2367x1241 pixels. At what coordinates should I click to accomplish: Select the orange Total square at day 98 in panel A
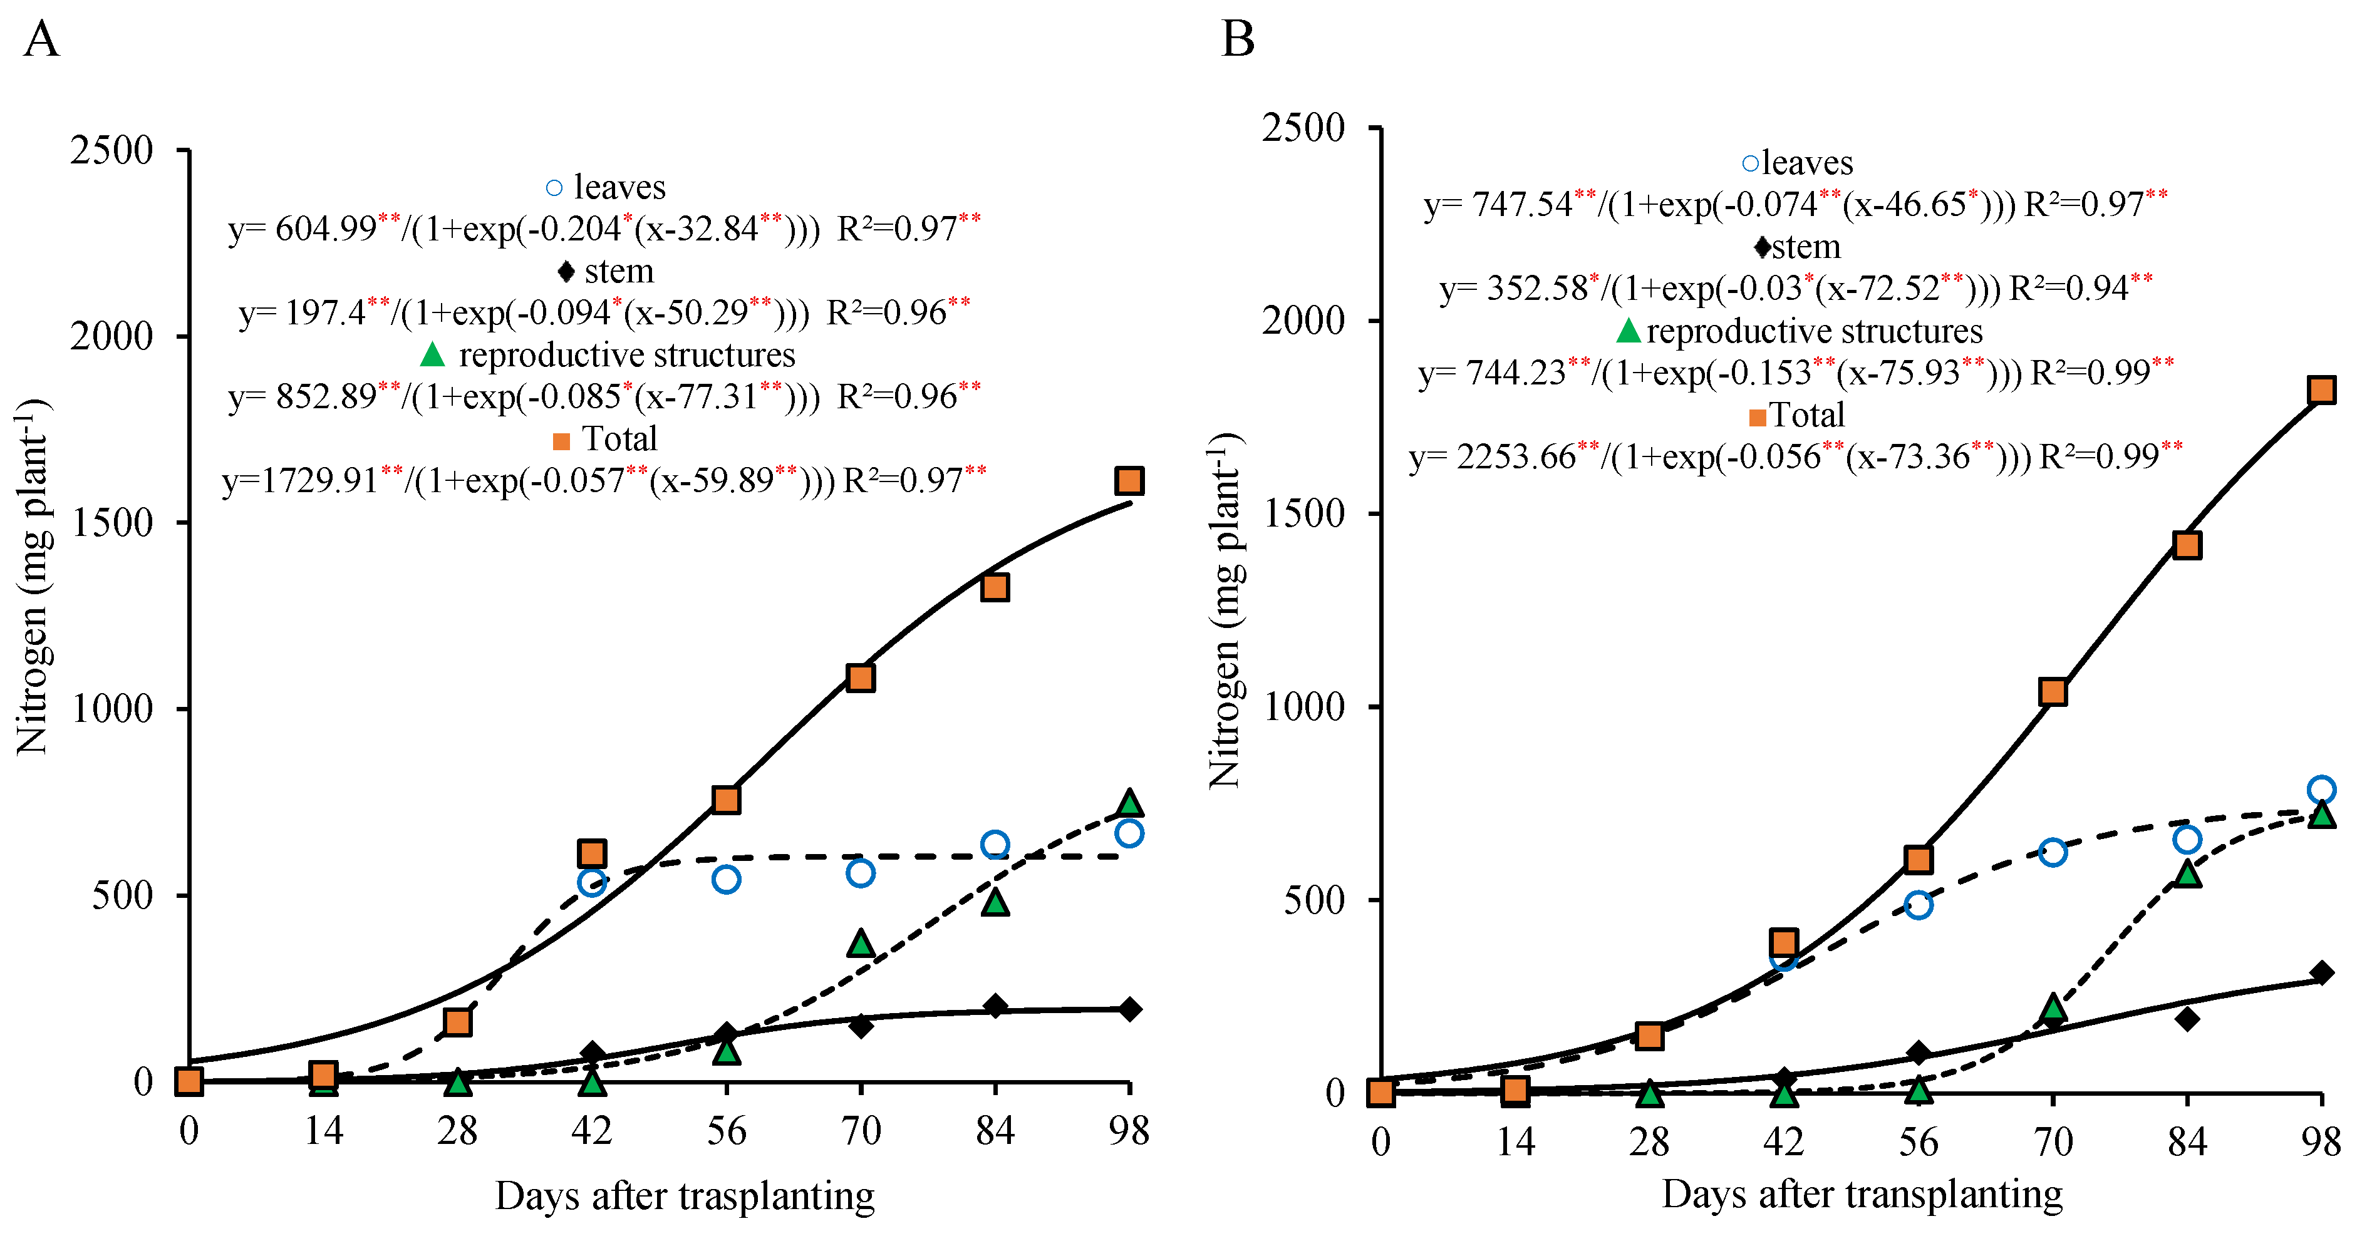(x=1129, y=480)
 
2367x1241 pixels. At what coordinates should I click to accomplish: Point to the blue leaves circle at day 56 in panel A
(x=726, y=879)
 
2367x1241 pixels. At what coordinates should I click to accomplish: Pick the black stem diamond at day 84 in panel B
(x=2187, y=1018)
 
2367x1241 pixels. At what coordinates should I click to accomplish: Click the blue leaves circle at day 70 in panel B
(x=2053, y=852)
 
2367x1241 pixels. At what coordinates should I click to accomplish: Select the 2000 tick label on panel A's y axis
(x=111, y=336)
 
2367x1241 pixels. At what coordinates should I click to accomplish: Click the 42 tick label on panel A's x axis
(x=592, y=1131)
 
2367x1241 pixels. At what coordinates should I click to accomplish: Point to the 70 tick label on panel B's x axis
(x=2053, y=1142)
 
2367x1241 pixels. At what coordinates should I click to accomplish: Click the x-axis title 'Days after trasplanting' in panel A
(x=685, y=1196)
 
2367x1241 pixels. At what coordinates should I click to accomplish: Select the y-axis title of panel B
(x=1225, y=611)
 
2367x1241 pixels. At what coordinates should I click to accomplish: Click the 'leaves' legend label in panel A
(x=619, y=187)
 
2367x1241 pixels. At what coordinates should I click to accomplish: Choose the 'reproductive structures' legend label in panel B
(x=1814, y=331)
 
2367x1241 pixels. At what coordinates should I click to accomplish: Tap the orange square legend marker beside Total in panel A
(x=561, y=442)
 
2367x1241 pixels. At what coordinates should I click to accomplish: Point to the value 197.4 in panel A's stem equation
(x=324, y=313)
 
